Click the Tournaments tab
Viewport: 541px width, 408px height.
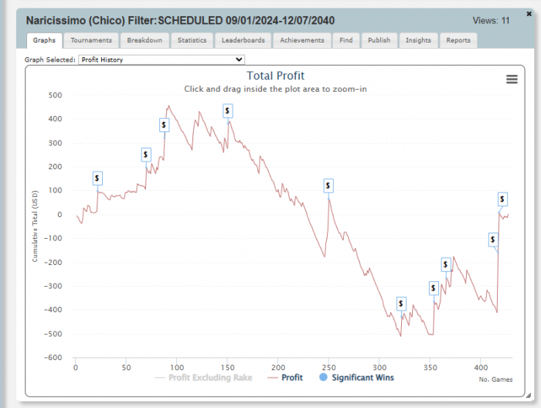coord(91,40)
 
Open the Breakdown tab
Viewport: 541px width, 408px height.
coord(145,40)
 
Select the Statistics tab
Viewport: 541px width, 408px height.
coord(192,40)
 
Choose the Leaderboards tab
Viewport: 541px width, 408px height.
coord(243,40)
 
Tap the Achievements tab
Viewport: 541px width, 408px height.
coord(302,40)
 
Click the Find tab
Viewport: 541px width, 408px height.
coord(345,40)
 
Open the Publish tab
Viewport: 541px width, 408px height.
coord(379,40)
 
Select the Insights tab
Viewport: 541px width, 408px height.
coord(418,40)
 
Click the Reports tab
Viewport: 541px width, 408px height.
coord(458,40)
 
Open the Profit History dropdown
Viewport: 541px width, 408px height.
coord(162,59)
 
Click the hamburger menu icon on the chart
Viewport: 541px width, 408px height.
coord(512,79)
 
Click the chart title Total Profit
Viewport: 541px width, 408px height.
coord(275,76)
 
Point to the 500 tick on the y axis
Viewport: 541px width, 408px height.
coord(55,95)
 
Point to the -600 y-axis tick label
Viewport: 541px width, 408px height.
coord(53,358)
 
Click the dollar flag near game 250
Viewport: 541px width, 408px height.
coord(328,185)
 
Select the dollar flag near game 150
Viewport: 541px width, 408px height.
coord(228,111)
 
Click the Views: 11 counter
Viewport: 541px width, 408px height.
coord(491,21)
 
